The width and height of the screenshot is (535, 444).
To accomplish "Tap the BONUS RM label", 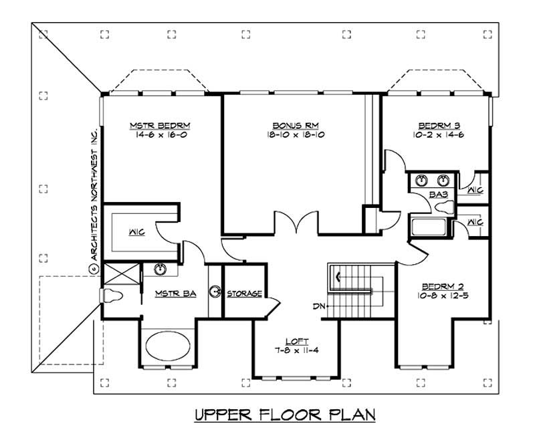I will tap(290, 125).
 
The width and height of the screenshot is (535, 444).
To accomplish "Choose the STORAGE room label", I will tap(243, 293).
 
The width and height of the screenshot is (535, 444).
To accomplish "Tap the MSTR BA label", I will tap(175, 293).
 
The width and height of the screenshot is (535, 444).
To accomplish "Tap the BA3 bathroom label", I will tap(438, 195).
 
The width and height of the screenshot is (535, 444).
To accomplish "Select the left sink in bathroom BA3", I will tap(421, 180).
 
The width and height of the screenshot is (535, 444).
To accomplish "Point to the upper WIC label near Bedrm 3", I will tap(475, 190).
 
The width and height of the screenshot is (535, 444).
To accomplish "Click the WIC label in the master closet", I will tap(138, 233).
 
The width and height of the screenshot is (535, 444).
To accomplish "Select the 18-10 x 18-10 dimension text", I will tap(290, 134).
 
